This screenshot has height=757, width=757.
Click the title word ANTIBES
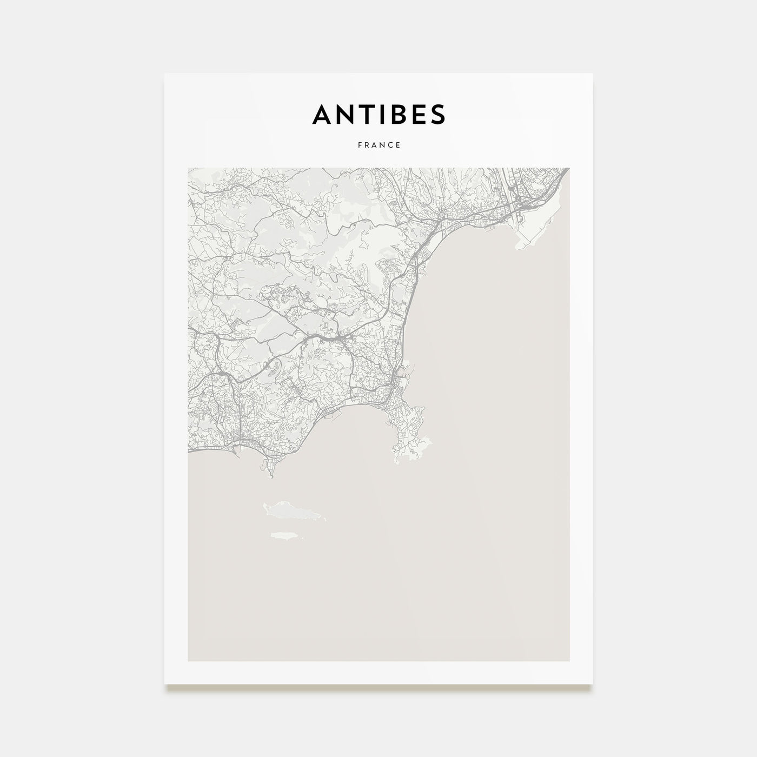[378, 114]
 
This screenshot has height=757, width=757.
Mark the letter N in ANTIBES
[338, 114]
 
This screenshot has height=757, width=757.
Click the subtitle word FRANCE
[378, 145]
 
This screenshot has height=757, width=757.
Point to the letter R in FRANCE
[367, 145]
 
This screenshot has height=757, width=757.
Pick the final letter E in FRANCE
[398, 145]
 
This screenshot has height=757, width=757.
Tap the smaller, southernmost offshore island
[285, 535]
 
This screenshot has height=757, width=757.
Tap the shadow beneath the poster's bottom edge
[378, 688]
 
